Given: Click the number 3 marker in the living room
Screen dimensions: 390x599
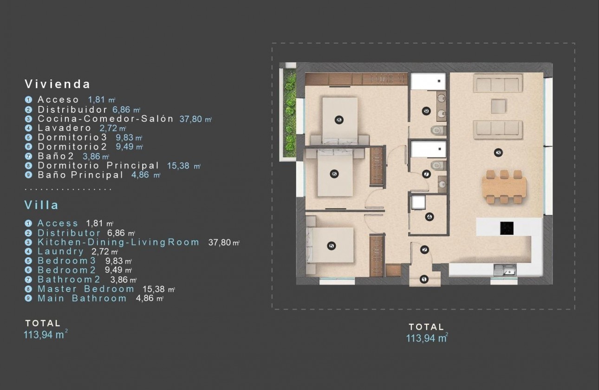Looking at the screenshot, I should [x=498, y=152].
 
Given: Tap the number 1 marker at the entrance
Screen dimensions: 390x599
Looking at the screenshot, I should [x=423, y=279].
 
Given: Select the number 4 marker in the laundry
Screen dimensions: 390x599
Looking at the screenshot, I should [x=429, y=217].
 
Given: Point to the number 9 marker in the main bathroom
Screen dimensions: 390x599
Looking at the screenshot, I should [x=426, y=111].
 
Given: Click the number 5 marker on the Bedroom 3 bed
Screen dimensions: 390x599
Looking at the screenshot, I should [x=331, y=246].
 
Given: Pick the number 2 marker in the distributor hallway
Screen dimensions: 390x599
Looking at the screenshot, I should [x=424, y=250].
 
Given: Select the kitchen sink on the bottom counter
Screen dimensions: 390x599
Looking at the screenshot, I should [x=503, y=269].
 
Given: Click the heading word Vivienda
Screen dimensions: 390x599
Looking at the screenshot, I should [x=58, y=84].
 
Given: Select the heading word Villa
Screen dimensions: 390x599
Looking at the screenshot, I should [x=41, y=205].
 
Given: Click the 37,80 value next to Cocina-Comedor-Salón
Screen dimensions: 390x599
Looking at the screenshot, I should [x=191, y=119].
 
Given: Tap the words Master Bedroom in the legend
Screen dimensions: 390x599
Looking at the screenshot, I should [x=86, y=289].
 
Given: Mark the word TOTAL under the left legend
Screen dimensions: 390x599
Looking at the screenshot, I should [x=43, y=323].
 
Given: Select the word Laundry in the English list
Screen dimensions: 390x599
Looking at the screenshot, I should [x=61, y=252].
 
